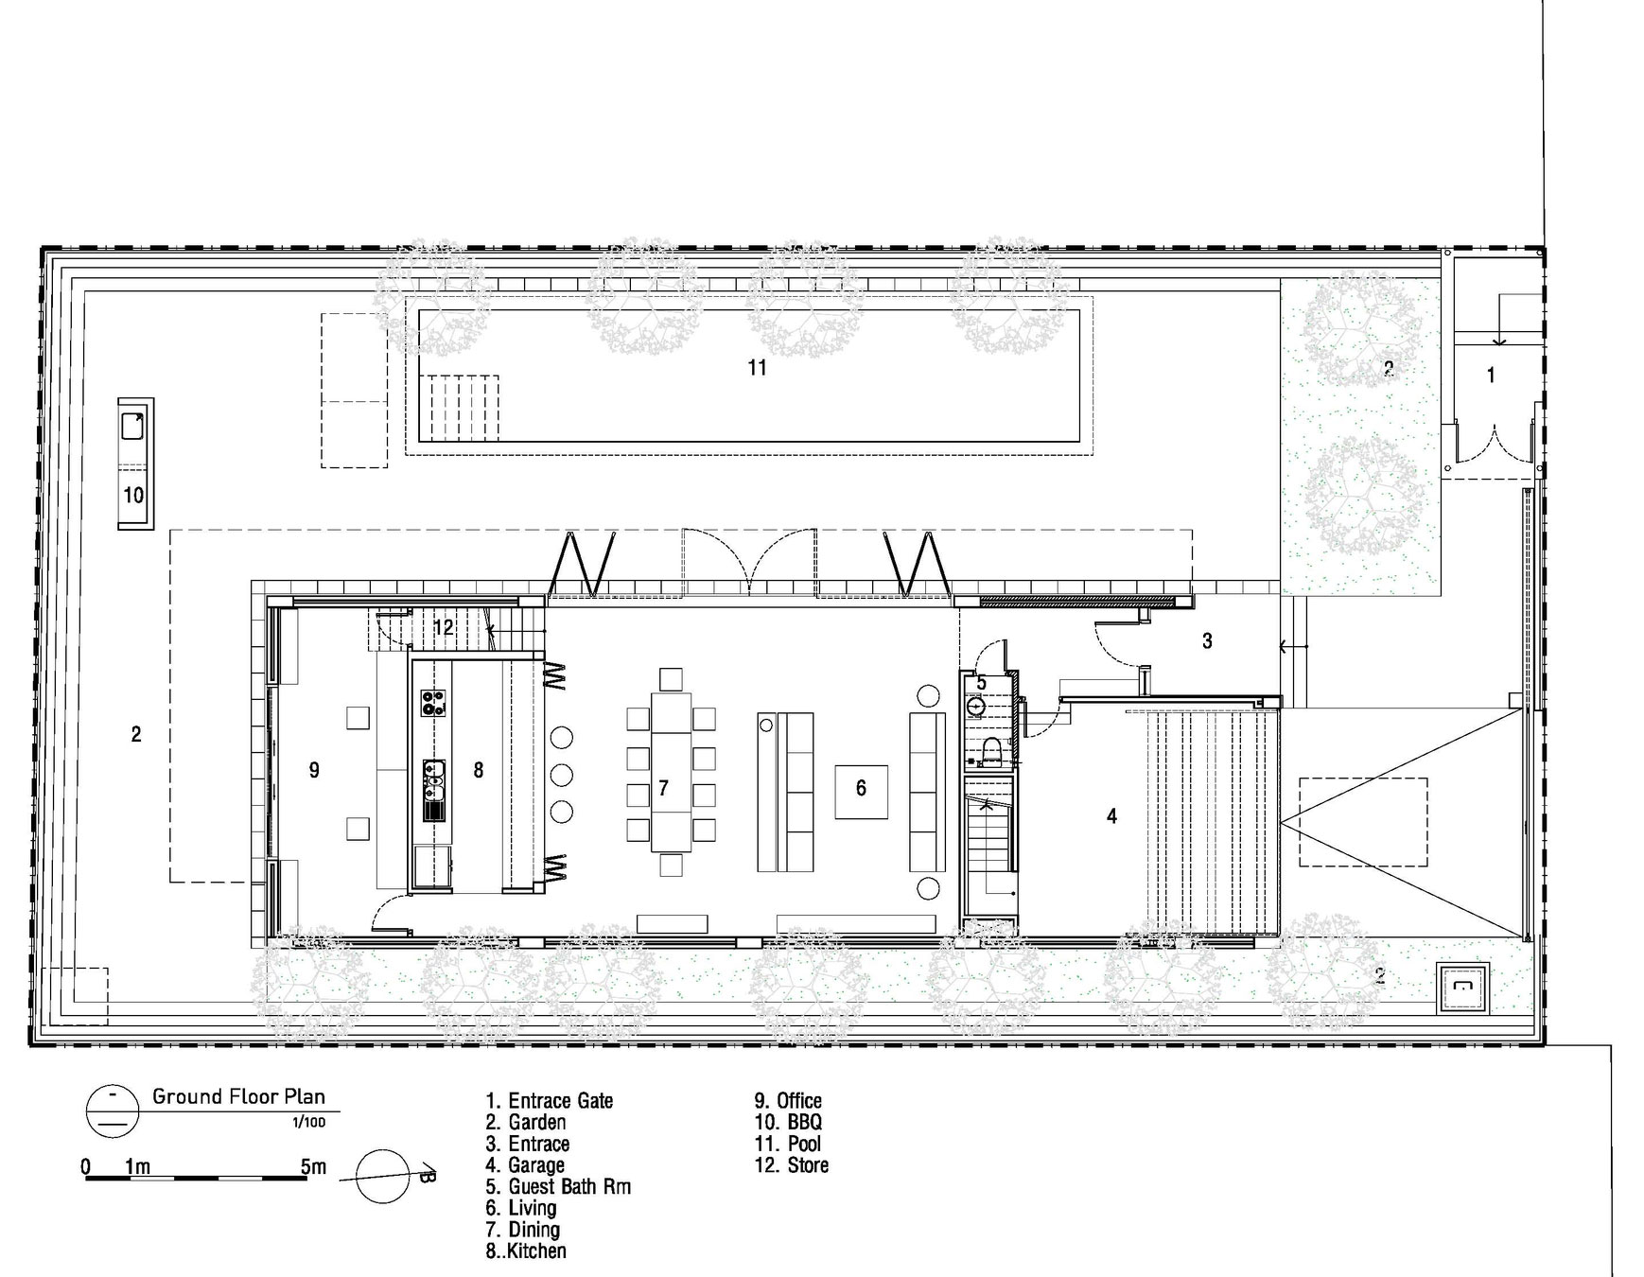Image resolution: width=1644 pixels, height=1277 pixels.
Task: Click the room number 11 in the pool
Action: [757, 368]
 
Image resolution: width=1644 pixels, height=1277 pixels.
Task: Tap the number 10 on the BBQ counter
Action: [133, 495]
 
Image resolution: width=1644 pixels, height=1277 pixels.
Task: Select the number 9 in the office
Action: [314, 770]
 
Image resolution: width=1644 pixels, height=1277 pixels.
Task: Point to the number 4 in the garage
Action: [1112, 815]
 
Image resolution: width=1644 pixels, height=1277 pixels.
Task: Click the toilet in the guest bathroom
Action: [991, 751]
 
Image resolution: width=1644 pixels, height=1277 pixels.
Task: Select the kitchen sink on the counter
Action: [434, 789]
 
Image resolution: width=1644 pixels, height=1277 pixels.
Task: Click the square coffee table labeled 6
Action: [861, 791]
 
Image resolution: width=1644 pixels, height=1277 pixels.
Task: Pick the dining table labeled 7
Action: [672, 771]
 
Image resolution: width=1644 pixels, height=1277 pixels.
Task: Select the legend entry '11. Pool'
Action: [787, 1144]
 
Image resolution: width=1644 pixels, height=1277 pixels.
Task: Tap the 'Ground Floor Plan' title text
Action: [238, 1096]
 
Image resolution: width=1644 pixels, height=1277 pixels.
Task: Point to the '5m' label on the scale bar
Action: [313, 1166]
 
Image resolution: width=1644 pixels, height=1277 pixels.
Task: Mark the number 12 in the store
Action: [444, 626]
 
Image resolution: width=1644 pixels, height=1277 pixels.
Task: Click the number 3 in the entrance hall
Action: [1207, 641]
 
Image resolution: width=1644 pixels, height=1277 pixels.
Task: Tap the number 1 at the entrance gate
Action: [1491, 376]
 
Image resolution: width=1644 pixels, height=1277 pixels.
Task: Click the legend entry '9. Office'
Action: [788, 1100]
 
